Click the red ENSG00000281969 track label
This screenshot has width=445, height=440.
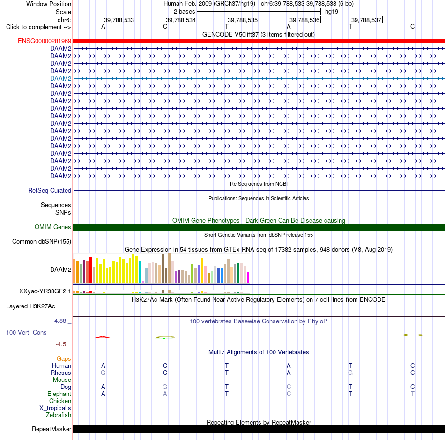(x=44, y=41)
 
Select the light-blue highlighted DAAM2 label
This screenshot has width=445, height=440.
(x=60, y=78)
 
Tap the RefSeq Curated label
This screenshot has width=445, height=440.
(x=50, y=190)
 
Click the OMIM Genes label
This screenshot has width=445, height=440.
(x=52, y=227)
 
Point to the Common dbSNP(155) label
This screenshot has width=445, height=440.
(x=42, y=242)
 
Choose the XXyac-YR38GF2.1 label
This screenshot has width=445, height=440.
(x=45, y=291)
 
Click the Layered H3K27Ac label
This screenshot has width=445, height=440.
(x=30, y=306)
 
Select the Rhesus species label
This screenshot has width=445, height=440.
(x=61, y=373)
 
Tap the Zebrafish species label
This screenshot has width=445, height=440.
(x=59, y=415)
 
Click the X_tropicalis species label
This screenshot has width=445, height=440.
(x=55, y=408)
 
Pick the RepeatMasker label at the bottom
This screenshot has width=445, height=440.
(x=52, y=429)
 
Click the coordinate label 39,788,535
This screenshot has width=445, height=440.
(x=243, y=20)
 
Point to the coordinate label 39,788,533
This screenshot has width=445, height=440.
(x=119, y=20)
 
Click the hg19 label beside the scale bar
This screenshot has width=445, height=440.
(x=332, y=12)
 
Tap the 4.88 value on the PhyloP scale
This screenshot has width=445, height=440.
(x=60, y=321)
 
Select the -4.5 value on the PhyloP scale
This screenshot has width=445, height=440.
(x=61, y=344)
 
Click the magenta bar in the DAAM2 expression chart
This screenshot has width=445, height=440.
(x=248, y=277)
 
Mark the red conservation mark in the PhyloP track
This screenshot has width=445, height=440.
(x=103, y=337)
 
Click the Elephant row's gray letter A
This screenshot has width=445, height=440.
(x=165, y=394)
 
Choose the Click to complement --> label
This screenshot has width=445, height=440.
(x=38, y=27)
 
